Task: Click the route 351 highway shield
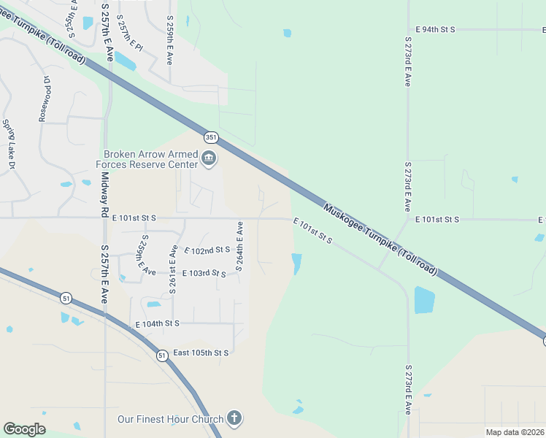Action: [211, 137]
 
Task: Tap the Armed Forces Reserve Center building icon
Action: [209, 159]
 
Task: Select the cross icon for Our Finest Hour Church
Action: [234, 418]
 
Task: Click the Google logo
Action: [24, 429]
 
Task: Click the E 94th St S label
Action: [435, 29]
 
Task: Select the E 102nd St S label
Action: [207, 250]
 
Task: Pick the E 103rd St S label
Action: [204, 273]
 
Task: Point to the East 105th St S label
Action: [201, 353]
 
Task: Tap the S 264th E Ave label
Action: [239, 247]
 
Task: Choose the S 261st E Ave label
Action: [174, 269]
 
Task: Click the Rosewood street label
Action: [45, 99]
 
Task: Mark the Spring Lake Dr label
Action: [9, 144]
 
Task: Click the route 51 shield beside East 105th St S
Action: [161, 355]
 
